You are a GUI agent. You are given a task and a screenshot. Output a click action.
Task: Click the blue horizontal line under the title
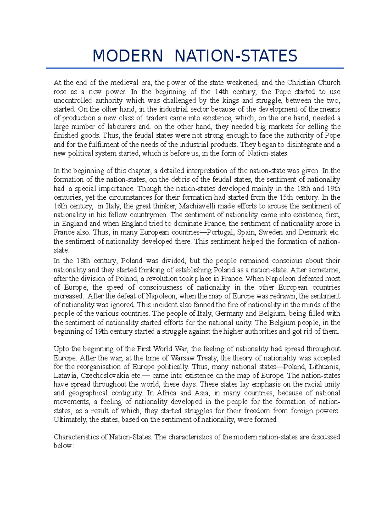pyautogui.click(x=195, y=68)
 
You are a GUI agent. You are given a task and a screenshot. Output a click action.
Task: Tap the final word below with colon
pyautogui.click(x=64, y=446)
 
